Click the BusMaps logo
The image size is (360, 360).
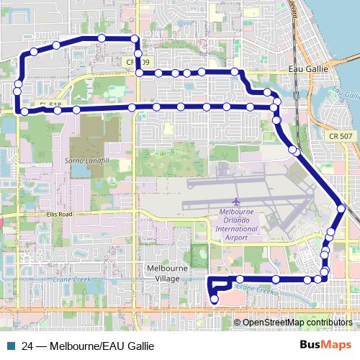point(325,345)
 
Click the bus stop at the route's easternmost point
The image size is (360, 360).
point(341,208)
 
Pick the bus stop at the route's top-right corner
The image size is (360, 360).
point(133,39)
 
